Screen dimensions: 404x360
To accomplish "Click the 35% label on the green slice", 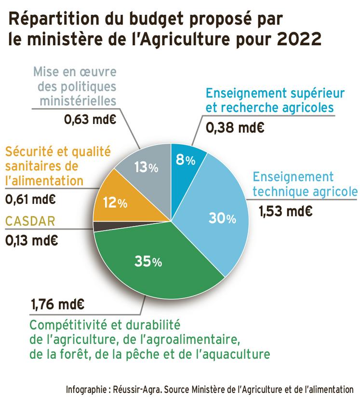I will [148, 262].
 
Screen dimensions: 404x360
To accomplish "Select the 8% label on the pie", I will [185, 160].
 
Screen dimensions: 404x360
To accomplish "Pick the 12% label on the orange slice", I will [115, 203].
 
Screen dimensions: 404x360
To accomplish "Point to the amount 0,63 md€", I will [91, 119].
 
